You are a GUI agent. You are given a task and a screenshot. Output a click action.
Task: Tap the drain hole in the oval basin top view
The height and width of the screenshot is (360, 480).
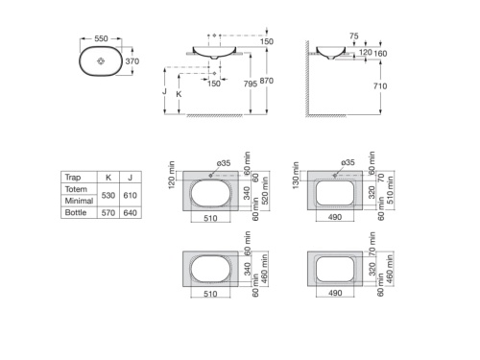point(101,60)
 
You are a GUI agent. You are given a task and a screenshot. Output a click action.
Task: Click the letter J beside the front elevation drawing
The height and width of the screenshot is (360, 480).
point(164,92)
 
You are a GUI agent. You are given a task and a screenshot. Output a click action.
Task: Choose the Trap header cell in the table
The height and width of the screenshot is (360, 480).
point(72,178)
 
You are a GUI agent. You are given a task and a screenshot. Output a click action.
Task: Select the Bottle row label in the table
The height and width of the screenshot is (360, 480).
point(76,213)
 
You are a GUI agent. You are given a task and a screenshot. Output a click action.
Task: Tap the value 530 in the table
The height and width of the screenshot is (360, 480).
point(108,195)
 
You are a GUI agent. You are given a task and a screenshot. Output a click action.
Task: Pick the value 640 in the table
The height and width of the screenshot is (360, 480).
point(131,213)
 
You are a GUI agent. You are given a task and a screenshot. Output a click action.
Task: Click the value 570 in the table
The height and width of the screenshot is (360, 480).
point(108,213)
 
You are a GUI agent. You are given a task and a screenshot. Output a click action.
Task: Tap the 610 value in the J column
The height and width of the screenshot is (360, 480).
point(131,195)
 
